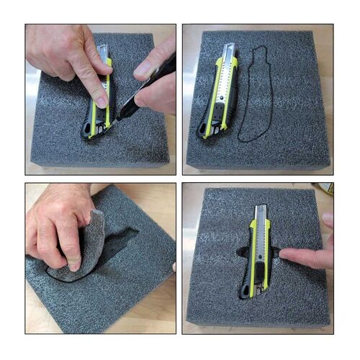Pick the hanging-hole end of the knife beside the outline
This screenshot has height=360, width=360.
(x=204, y=132)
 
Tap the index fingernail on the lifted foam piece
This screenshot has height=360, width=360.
(x=72, y=264)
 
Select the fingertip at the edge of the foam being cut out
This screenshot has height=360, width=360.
(x=173, y=267)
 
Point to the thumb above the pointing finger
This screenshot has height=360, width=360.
(x=328, y=220)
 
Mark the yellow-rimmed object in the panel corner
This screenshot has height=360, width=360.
(x=329, y=189)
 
